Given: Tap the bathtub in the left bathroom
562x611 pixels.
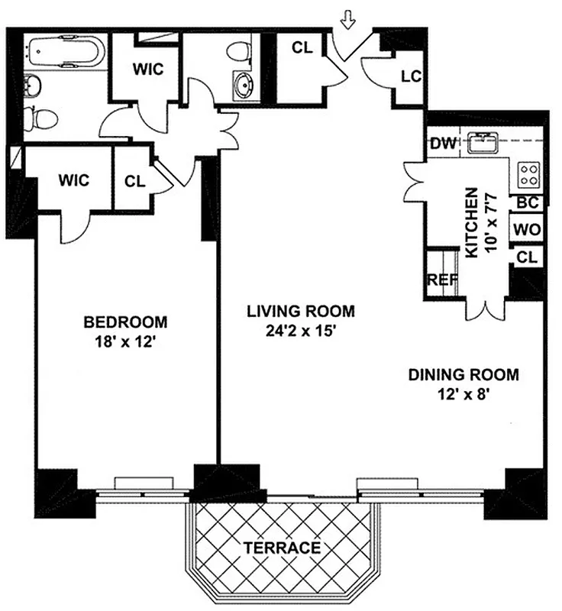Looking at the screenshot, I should click(x=64, y=53).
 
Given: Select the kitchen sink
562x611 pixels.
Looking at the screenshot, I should click(x=484, y=141).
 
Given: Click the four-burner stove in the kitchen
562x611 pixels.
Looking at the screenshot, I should click(x=528, y=175).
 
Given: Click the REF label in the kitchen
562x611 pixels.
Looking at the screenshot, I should click(x=441, y=280).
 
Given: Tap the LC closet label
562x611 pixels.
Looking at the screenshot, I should click(x=410, y=76).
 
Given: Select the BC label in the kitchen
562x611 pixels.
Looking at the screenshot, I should click(x=528, y=203).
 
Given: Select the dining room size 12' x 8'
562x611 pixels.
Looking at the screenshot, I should click(x=463, y=396).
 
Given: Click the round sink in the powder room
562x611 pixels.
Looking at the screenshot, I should click(x=245, y=84).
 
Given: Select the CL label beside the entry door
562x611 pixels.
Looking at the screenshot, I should click(x=302, y=47).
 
